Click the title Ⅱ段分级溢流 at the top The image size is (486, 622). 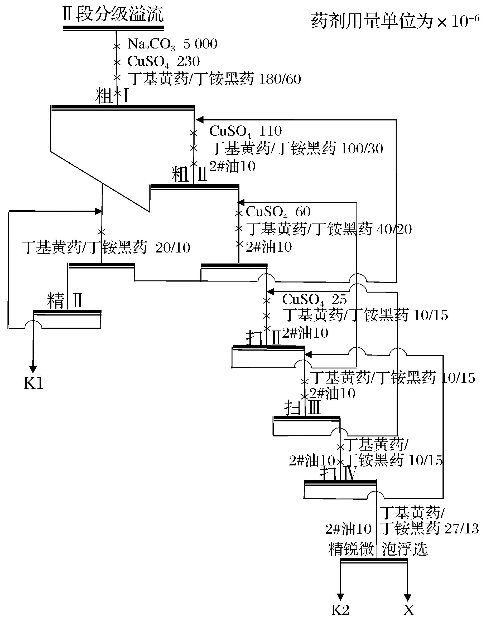(x=113, y=14)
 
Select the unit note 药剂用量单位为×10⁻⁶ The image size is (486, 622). (x=395, y=22)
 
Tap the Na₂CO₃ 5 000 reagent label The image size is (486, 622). (x=172, y=44)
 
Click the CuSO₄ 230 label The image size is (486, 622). (x=163, y=61)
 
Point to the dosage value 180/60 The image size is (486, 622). (x=280, y=79)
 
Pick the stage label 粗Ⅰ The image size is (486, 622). (x=113, y=96)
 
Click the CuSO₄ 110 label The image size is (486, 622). (x=246, y=131)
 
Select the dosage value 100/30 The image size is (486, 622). (x=362, y=149)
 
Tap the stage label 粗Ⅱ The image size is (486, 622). (x=189, y=174)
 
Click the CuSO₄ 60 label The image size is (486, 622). (x=278, y=212)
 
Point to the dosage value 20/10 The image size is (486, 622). (x=173, y=248)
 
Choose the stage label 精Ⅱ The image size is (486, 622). (x=65, y=301)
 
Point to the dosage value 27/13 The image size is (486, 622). (x=461, y=529)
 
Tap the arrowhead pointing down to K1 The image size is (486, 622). (x=33, y=369)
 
